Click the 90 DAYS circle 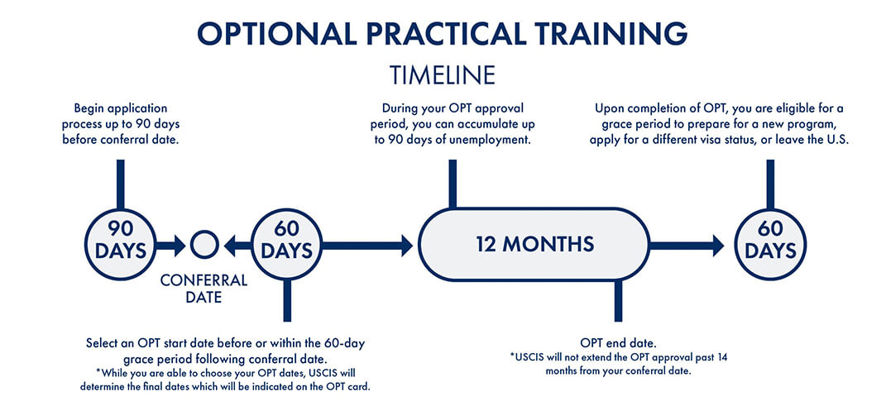[120, 245]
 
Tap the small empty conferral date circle [204, 245]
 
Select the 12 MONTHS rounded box [534, 245]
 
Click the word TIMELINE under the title [443, 75]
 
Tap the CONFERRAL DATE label [204, 289]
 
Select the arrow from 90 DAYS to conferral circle [170, 245]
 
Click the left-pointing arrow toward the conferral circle [238, 245]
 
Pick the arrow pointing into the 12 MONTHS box [367, 245]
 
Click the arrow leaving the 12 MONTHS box [687, 245]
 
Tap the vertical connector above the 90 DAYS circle [120, 184]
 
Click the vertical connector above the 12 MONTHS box [453, 184]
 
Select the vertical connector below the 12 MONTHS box [618, 301]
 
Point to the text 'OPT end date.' [617, 343]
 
